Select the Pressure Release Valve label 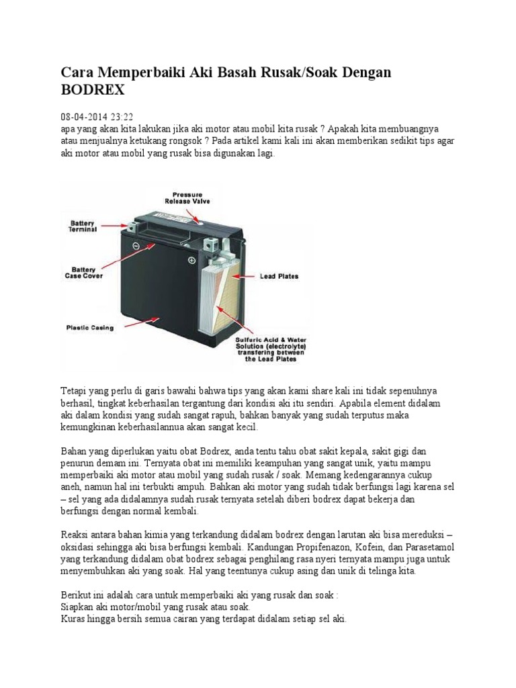(187, 197)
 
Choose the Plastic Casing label (90, 328)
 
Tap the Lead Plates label (279, 275)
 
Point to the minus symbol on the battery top (135, 246)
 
